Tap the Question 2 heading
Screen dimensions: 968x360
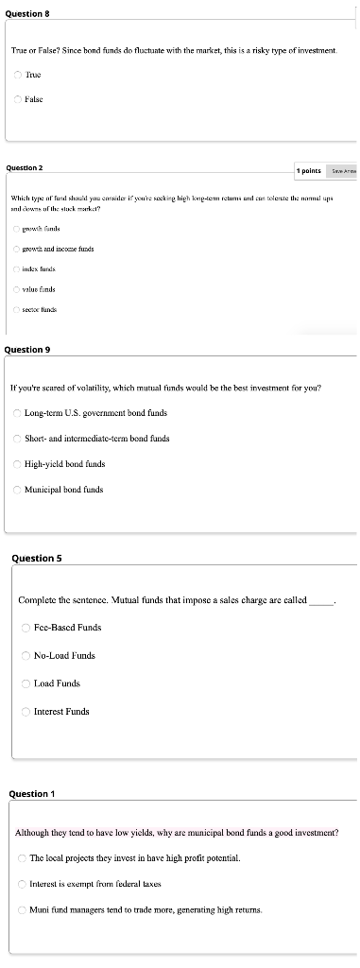point(24,167)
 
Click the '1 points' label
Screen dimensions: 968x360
point(309,171)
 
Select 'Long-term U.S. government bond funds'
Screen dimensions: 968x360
point(17,413)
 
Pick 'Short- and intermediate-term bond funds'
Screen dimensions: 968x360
point(17,439)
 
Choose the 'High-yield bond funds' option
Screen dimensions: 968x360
point(17,464)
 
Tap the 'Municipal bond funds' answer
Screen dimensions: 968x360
point(17,490)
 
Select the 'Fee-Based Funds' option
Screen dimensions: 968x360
point(26,628)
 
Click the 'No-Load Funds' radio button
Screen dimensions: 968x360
point(26,655)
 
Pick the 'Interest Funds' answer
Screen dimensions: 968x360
point(26,711)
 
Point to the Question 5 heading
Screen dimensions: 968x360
point(36,558)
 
